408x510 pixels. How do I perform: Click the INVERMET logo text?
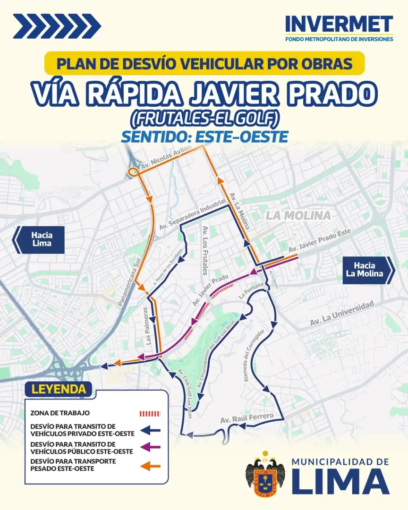click(339, 24)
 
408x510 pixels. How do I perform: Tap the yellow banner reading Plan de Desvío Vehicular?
click(204, 63)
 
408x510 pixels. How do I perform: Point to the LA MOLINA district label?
click(298, 216)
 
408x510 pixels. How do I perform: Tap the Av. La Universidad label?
click(342, 314)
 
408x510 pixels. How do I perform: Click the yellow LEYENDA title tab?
click(59, 390)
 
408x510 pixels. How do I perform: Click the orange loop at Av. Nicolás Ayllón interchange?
click(133, 172)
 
